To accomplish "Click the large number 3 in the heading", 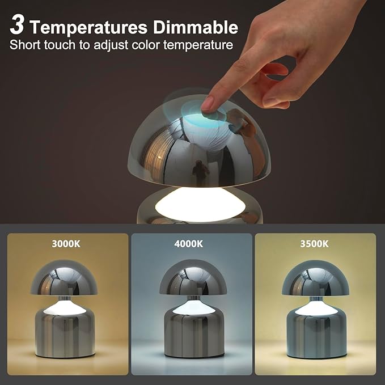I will point(17,25).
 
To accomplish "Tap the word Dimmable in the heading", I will point(198,27).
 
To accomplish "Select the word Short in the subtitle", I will point(25,45).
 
